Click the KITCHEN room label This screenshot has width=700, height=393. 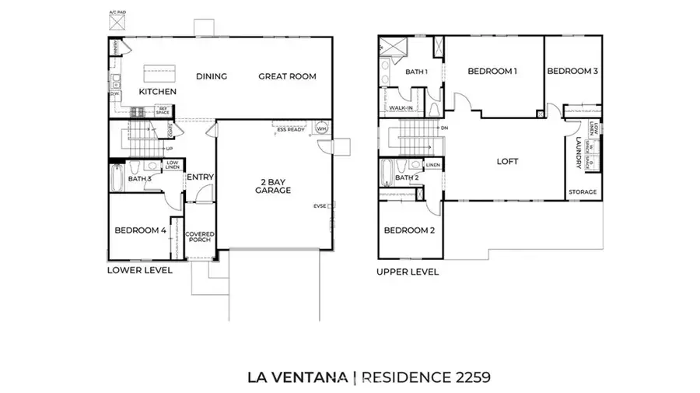(x=157, y=92)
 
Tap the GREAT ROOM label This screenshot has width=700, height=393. (x=287, y=76)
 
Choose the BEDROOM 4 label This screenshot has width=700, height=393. (x=140, y=230)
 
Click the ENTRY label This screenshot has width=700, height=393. (x=200, y=177)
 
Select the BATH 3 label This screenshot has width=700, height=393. (x=139, y=179)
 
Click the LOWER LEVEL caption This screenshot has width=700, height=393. (x=139, y=271)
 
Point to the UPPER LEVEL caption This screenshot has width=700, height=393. (x=407, y=272)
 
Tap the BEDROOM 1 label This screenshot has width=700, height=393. (x=492, y=71)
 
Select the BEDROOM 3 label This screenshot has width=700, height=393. (x=572, y=71)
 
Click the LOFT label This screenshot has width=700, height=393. (x=507, y=162)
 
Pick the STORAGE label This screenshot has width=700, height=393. (x=583, y=191)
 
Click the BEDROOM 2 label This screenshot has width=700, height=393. (x=408, y=230)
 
